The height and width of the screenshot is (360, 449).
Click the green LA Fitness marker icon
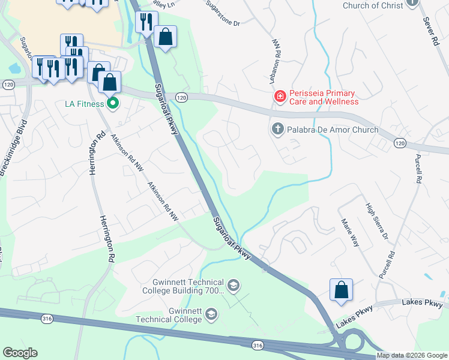[112, 104]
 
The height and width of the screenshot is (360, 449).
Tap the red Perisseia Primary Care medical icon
[280, 96]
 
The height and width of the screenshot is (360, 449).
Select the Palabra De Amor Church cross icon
[277, 128]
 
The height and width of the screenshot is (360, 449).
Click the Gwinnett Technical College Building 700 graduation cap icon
[234, 285]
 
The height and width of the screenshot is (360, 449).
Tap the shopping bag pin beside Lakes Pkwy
[341, 290]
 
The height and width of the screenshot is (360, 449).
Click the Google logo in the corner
[20, 352]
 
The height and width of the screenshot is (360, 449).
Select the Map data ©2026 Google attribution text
[412, 355]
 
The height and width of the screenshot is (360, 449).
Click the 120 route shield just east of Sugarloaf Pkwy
[181, 97]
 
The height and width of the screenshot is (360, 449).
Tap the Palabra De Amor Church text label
[333, 130]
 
